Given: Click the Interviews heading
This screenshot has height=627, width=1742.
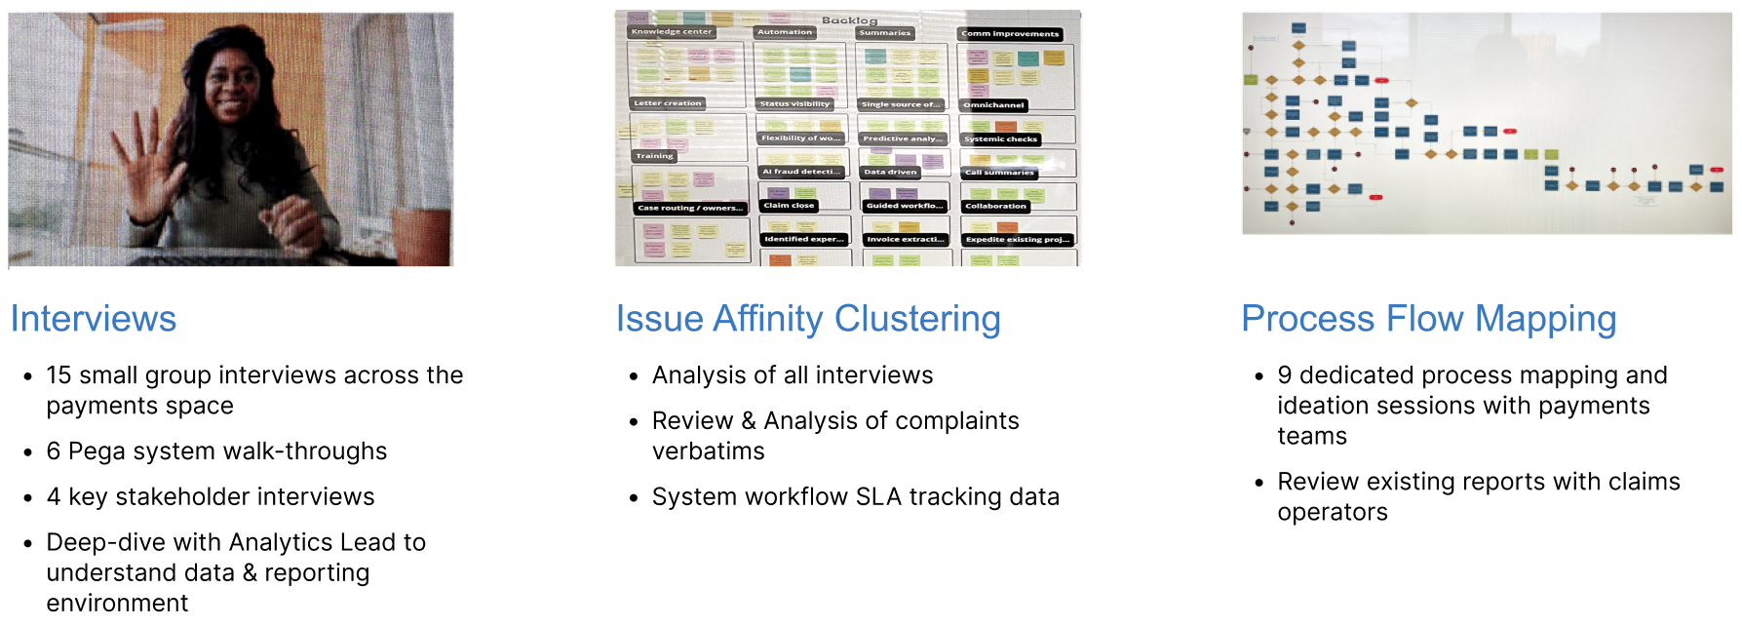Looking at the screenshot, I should (x=94, y=319).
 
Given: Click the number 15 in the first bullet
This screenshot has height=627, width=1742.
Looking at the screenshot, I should (x=58, y=375).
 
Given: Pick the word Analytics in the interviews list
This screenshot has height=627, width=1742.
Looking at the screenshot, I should (x=295, y=542).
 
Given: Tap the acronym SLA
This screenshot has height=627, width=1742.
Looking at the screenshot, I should (x=878, y=497).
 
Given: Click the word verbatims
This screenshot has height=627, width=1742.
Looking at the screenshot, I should (x=708, y=451).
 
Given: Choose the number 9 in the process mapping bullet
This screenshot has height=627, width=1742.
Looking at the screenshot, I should (x=1285, y=375).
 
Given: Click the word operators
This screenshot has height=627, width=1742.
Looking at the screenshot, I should (x=1332, y=512).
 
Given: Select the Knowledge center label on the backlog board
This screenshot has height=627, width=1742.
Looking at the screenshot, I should (x=672, y=32).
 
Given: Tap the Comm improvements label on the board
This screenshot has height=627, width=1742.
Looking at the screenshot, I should (x=1010, y=34).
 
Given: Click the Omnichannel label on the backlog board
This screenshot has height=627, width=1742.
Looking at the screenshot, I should (x=993, y=105).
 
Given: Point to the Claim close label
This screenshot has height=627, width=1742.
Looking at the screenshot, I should (x=789, y=206).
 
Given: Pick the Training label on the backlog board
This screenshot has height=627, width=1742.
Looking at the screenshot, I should (x=654, y=156).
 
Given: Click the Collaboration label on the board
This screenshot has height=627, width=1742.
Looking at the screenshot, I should (x=995, y=206).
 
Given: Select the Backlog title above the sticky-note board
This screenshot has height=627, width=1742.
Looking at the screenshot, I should (x=849, y=20).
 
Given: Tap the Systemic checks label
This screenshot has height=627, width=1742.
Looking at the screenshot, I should (x=1000, y=139).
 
